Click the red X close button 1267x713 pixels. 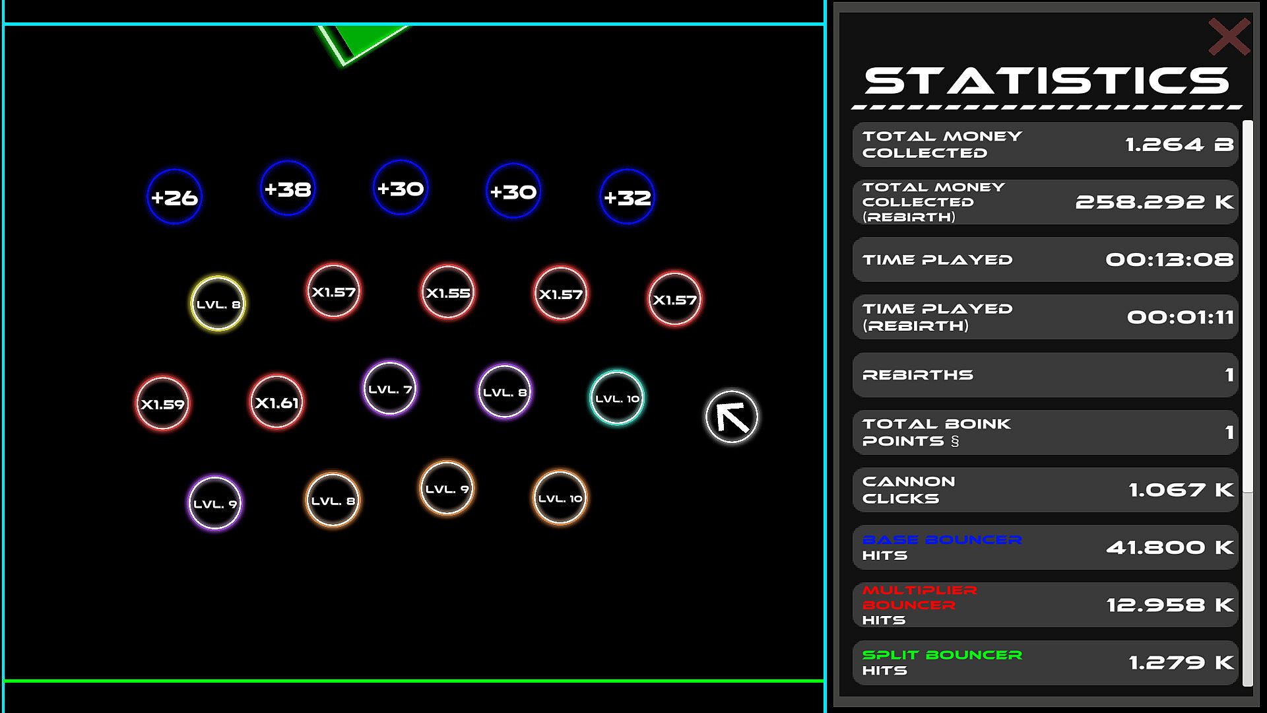coord(1229,37)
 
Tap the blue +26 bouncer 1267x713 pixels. coord(174,197)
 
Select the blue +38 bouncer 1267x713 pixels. coord(288,188)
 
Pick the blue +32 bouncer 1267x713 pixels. coord(628,197)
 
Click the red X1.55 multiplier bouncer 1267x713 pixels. coord(448,292)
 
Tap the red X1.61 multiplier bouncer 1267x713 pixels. coord(276,402)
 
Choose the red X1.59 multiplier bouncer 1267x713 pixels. coord(162,403)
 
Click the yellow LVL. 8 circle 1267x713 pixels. coord(218,304)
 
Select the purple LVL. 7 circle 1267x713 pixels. coord(390,388)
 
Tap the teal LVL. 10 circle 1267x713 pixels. coord(617,397)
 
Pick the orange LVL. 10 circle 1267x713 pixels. coord(560,498)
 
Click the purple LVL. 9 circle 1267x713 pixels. coord(215,503)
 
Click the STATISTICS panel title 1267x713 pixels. coord(1047,81)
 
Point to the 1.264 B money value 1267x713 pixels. coord(1179,145)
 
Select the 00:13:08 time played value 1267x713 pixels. coord(1169,259)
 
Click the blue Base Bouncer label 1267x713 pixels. coord(942,539)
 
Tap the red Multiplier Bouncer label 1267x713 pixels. coord(919,597)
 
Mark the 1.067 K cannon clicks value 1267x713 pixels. coord(1181,490)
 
